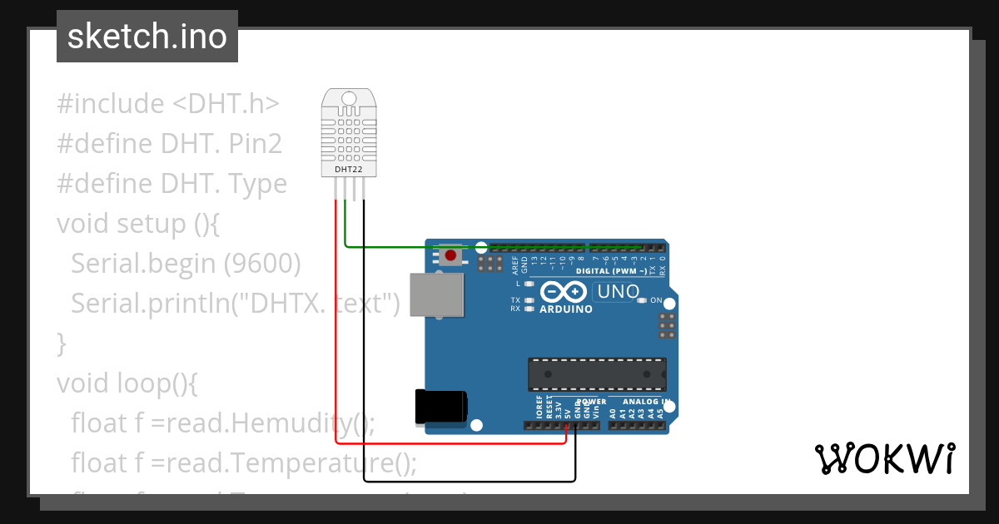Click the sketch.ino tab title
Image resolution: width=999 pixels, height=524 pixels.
point(147,37)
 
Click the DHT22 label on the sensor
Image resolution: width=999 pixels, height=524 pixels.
point(348,170)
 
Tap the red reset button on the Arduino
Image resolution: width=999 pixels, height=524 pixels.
point(450,255)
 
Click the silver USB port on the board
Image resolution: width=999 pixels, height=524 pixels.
point(437,295)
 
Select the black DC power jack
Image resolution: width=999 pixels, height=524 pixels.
point(440,408)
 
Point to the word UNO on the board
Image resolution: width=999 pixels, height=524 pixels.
point(618,292)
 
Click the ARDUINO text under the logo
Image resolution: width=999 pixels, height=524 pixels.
point(566,309)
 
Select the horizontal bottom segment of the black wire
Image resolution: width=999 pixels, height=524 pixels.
point(466,481)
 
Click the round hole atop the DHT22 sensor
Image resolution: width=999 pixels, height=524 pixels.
point(348,99)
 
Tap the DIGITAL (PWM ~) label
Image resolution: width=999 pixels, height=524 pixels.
point(612,271)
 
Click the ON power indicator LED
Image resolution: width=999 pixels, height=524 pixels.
point(641,300)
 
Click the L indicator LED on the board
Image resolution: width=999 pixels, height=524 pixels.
point(529,284)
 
